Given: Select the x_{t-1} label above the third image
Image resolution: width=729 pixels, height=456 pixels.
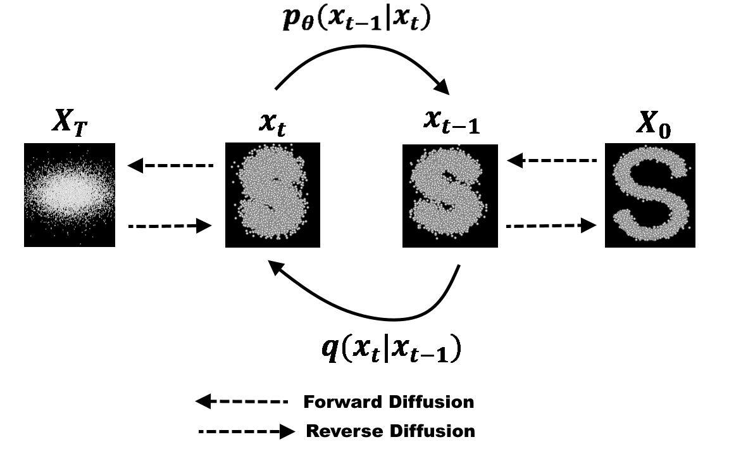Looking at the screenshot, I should pos(451,122).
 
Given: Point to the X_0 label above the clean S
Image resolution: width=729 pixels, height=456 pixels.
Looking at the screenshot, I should pos(652,125).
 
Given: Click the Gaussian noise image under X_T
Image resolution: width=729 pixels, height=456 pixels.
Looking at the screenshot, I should pos(70,194).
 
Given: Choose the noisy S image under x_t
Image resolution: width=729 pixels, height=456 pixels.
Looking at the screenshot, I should pos(273,194).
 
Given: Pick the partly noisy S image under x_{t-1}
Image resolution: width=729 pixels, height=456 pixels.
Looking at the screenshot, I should pos(450,195).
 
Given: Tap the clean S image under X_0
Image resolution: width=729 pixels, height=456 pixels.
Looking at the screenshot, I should pos(650,195).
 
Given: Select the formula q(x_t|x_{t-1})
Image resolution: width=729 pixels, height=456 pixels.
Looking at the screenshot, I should pos(390,349).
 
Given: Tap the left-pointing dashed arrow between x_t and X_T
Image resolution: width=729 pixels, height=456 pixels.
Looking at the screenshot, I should pos(171,166).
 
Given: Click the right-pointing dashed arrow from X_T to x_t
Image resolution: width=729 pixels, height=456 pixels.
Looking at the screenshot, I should pos(170,225).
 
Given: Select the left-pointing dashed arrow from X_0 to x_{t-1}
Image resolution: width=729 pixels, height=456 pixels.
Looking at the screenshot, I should pos(552,161).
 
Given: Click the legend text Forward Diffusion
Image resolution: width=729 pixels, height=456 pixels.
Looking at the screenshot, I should pos(389,402).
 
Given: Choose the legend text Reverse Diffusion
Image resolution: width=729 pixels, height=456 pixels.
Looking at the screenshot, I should pos(390,431).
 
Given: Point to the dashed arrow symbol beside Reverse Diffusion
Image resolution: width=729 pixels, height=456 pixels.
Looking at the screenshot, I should pos(247,432).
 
